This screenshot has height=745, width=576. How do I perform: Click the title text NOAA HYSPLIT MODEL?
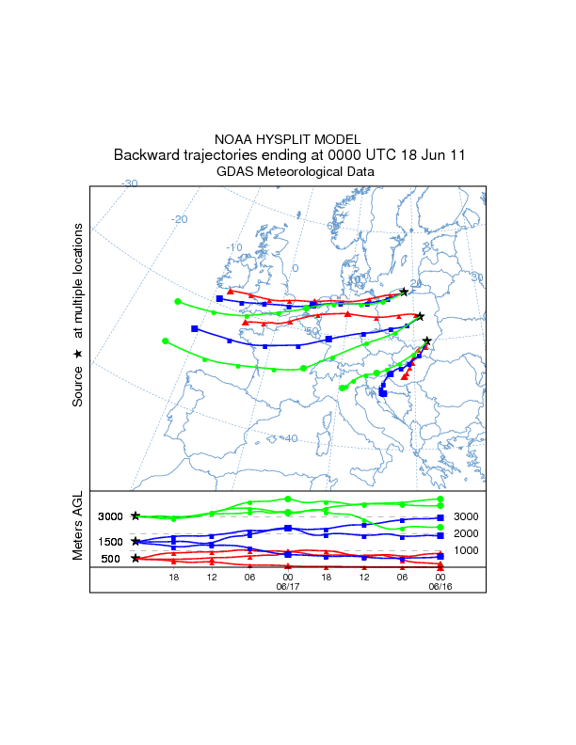(287, 138)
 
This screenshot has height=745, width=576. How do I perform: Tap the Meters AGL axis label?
(77, 527)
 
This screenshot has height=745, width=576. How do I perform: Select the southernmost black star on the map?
(426, 341)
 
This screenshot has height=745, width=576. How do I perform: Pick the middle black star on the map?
(420, 316)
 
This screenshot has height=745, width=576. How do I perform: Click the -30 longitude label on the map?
(130, 183)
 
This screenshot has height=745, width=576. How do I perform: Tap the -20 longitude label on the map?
(179, 219)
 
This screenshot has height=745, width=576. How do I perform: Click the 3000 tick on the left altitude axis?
(110, 516)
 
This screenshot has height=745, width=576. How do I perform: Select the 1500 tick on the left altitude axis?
(110, 542)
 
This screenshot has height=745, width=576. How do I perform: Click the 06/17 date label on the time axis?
(287, 584)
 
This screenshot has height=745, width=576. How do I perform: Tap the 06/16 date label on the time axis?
(440, 584)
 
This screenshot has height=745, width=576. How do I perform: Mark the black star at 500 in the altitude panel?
(136, 559)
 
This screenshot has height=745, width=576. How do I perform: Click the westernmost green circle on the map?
(165, 341)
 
